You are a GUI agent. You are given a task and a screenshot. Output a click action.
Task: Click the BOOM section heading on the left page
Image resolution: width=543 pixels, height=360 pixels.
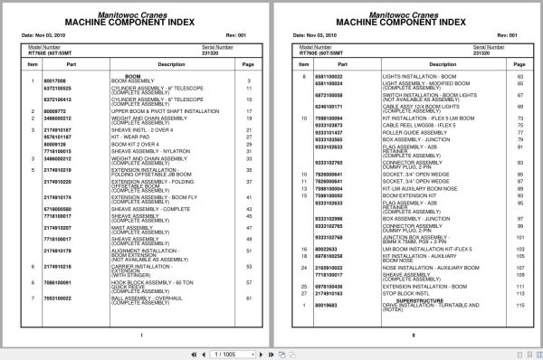[134, 77]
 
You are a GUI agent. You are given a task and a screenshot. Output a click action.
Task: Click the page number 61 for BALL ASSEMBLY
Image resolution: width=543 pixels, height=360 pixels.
[249, 296]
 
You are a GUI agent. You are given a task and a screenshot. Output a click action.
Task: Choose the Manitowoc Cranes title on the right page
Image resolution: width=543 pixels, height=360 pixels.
[405, 12]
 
